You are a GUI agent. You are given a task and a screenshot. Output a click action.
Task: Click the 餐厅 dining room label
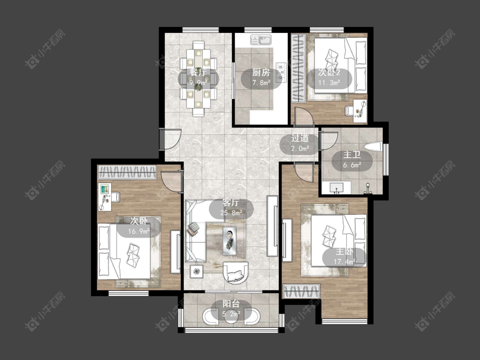coord(198,73)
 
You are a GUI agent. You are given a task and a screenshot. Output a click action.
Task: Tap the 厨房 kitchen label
coord(261,73)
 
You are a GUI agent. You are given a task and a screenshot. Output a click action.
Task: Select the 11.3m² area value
coord(329,83)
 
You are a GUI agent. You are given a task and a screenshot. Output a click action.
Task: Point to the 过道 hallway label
coord(300,138)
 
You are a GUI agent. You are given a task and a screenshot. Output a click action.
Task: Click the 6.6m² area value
coord(352,165)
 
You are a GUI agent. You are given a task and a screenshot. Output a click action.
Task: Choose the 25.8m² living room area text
coord(231,212)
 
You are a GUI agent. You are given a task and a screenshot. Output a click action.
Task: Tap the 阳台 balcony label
coord(231,304)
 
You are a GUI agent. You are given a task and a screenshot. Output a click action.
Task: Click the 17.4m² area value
coord(344,261)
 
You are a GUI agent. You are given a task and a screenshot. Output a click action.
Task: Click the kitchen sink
coord(261,40)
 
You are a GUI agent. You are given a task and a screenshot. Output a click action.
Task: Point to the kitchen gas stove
coord(281,73)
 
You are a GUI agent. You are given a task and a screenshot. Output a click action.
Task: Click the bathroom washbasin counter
coord(337,187)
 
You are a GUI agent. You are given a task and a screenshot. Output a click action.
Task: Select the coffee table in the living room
coord(230,241)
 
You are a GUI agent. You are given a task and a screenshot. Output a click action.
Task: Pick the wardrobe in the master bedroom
coord(302,291)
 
